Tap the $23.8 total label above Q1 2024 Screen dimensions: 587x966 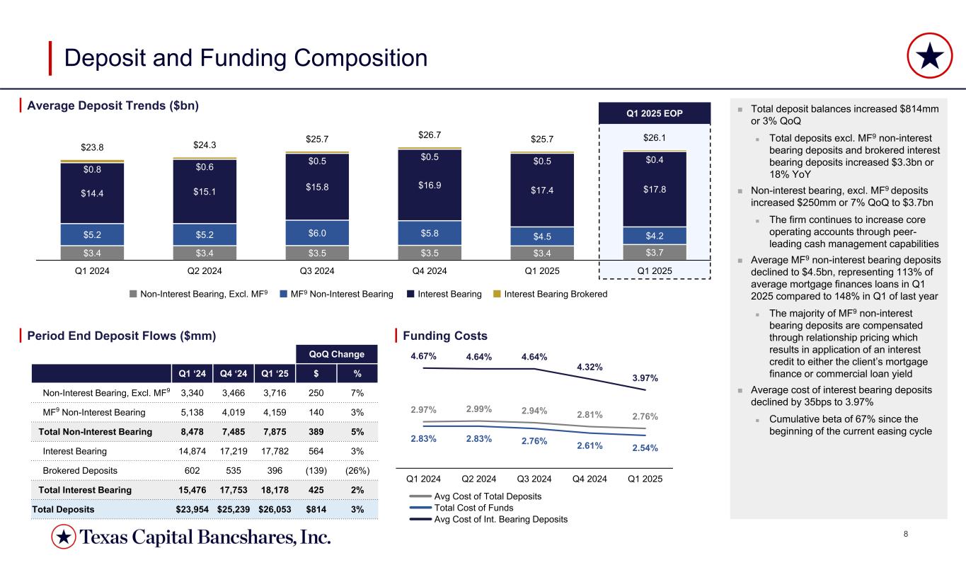click(92, 148)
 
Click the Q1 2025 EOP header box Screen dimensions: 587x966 click(655, 114)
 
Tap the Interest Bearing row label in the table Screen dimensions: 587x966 click(75, 451)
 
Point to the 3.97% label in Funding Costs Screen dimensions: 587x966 click(643, 378)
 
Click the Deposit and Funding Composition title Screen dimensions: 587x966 click(246, 57)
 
